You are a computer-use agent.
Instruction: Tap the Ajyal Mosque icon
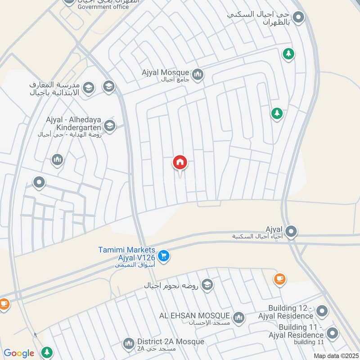coord(197,74)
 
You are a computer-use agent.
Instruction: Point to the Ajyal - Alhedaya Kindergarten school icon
coord(109,125)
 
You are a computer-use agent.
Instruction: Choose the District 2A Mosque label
coord(171,342)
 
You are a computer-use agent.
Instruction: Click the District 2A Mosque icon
coord(129,344)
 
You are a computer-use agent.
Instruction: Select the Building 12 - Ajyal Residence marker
coord(322,311)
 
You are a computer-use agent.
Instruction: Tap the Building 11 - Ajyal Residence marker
coord(332,333)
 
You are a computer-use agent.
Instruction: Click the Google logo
coord(19,353)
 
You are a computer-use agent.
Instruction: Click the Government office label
coord(103,7)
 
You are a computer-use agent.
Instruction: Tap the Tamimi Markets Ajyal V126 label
coord(127,254)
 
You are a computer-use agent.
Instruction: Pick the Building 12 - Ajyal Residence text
coord(290,312)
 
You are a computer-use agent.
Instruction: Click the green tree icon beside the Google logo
coord(46,352)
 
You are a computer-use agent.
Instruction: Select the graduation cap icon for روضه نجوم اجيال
coord(207,285)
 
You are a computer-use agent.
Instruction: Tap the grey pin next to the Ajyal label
coord(292,232)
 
